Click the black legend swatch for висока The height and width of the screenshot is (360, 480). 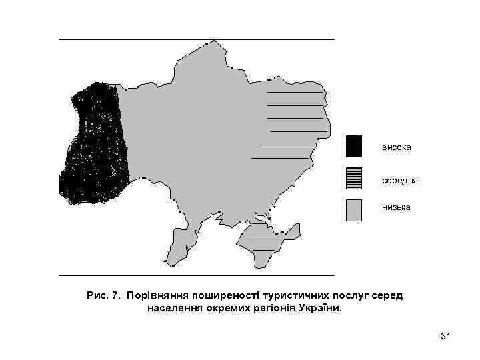click(354, 146)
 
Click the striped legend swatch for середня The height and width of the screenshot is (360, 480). click(354, 179)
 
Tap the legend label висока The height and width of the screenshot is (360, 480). click(397, 146)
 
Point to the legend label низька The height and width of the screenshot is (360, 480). click(397, 207)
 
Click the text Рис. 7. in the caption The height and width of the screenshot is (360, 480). click(102, 295)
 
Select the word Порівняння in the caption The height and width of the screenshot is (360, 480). click(156, 295)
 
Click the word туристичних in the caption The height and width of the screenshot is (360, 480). click(290, 295)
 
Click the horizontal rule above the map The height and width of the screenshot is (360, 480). click(197, 40)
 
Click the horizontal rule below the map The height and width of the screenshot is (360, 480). click(197, 275)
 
